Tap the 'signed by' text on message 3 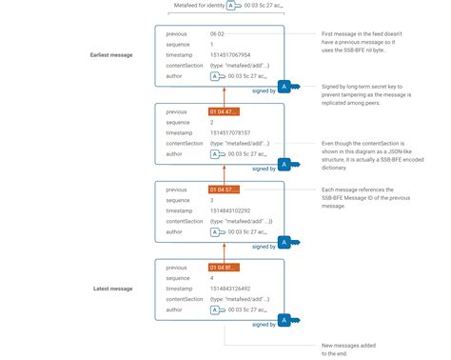264,245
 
